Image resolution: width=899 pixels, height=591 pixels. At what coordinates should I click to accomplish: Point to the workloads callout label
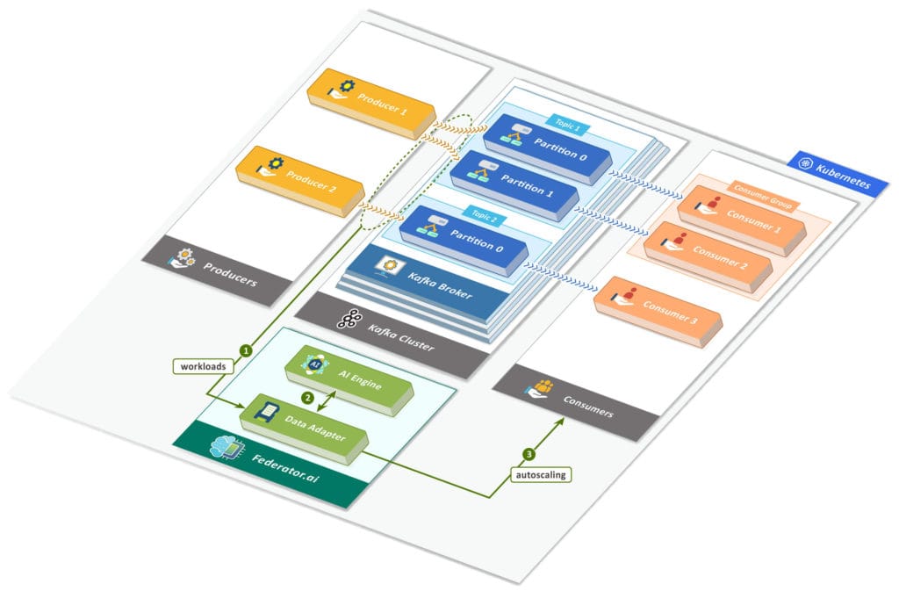pyautogui.click(x=205, y=364)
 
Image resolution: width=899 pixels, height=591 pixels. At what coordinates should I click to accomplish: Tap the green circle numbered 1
pyautogui.click(x=248, y=350)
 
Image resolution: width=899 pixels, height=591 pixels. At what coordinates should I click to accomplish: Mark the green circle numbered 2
pyautogui.click(x=307, y=397)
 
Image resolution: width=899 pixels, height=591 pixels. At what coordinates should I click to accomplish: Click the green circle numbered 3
pyautogui.click(x=529, y=455)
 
